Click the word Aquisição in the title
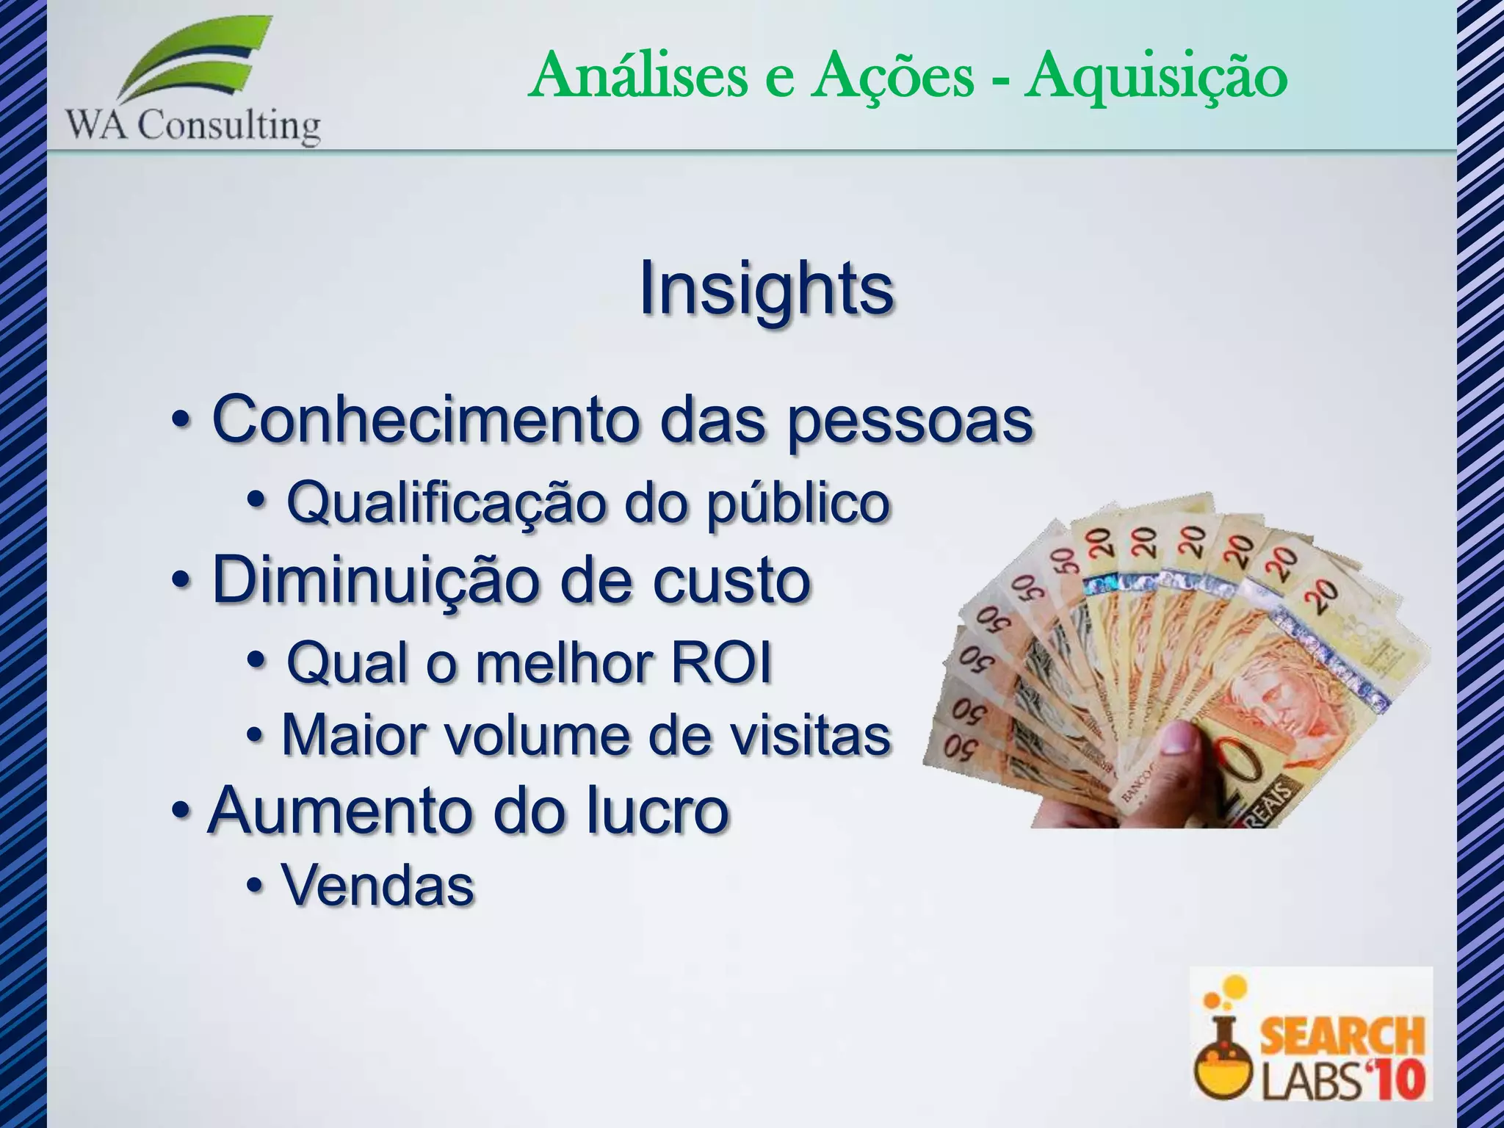[1156, 76]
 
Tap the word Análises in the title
[637, 76]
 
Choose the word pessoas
[910, 422]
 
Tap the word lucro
[657, 811]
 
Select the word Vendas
[378, 886]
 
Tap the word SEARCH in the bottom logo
[1342, 1035]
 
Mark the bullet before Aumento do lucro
[180, 811]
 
